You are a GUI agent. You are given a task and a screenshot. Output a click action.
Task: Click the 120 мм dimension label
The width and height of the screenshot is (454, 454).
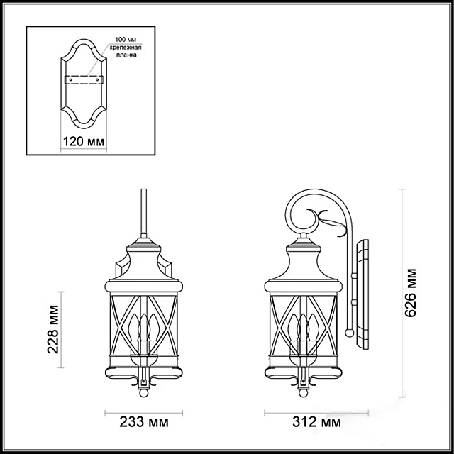tap(84, 142)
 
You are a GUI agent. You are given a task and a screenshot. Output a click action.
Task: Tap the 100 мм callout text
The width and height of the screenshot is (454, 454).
tap(126, 40)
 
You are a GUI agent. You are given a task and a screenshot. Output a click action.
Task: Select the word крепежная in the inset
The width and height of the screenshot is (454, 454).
tap(126, 48)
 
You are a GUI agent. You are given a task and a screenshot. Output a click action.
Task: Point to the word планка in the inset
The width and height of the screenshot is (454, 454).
tap(126, 55)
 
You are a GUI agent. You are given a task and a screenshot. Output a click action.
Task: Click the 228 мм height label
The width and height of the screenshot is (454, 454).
tap(53, 329)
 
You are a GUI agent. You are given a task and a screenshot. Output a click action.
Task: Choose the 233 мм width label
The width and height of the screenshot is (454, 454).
tap(144, 423)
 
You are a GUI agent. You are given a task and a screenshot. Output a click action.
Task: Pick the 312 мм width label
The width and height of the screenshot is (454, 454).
tap(316, 423)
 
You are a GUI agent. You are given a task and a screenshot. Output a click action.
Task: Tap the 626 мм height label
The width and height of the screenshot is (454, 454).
tap(410, 293)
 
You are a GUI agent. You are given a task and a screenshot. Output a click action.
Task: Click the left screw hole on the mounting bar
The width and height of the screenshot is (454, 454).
tap(70, 79)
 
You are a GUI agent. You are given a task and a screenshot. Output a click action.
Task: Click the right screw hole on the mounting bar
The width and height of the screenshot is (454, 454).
tap(97, 79)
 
